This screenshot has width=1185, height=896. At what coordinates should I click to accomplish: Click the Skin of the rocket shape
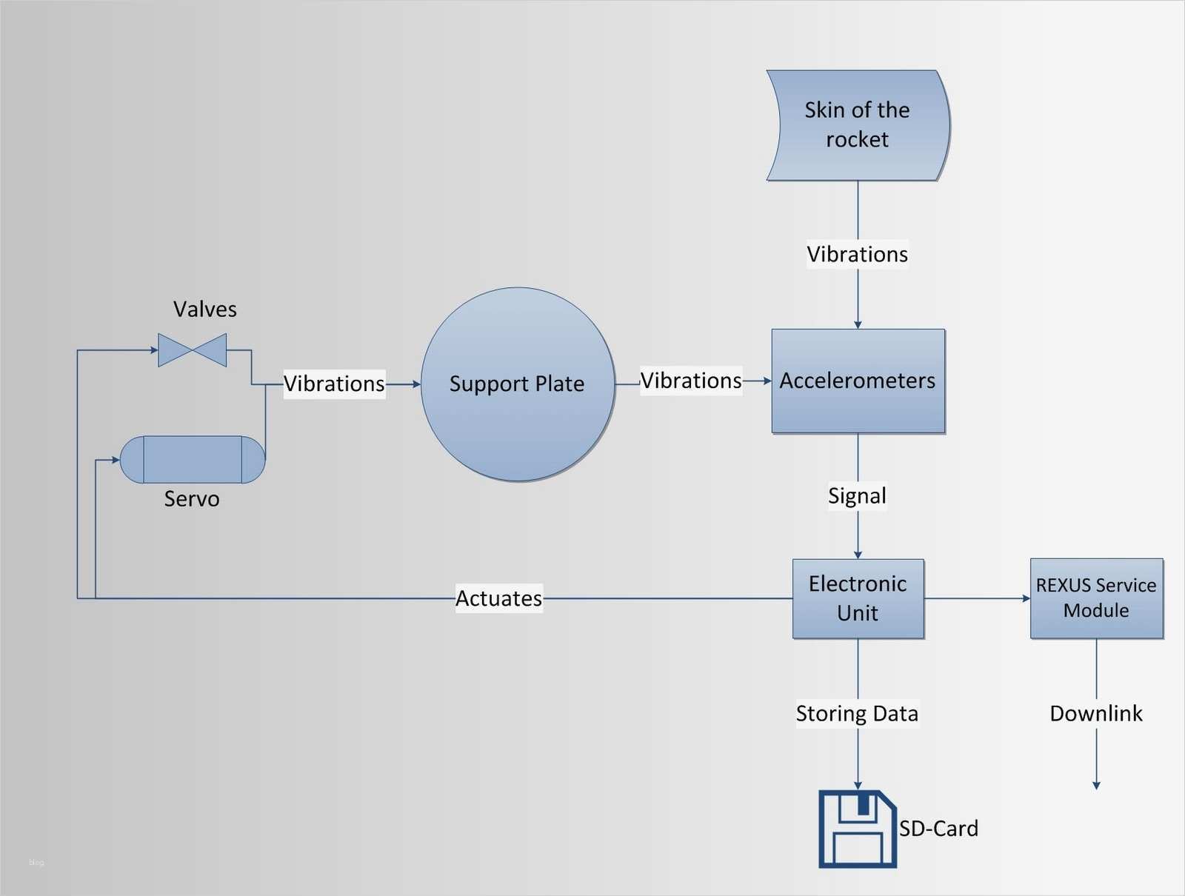click(x=858, y=125)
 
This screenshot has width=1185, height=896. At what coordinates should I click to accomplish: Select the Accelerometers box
click(x=858, y=381)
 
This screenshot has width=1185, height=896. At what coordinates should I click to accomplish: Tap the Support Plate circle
click(x=517, y=384)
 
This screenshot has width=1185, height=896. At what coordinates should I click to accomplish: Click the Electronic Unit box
click(x=858, y=598)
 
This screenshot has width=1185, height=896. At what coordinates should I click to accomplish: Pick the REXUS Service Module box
click(x=1096, y=598)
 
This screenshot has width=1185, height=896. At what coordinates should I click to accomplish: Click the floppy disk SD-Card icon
click(x=857, y=829)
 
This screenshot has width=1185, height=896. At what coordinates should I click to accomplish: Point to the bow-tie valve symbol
click(x=193, y=350)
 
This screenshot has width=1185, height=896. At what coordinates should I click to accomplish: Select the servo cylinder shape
click(x=193, y=460)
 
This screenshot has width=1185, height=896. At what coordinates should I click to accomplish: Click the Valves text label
click(x=205, y=309)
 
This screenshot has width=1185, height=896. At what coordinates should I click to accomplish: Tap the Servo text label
click(x=192, y=499)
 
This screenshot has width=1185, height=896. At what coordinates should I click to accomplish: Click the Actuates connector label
click(x=498, y=598)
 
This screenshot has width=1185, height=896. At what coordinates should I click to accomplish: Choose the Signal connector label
click(x=857, y=495)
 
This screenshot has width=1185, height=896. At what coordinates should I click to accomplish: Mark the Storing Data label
click(x=857, y=713)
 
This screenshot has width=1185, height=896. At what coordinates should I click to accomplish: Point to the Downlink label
click(x=1096, y=713)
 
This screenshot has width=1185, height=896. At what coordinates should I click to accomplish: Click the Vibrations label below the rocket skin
click(x=857, y=254)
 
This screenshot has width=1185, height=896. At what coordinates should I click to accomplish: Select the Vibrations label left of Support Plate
click(x=334, y=384)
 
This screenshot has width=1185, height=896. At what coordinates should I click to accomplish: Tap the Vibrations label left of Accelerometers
click(x=691, y=381)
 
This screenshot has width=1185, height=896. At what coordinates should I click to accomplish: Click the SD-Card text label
click(x=938, y=828)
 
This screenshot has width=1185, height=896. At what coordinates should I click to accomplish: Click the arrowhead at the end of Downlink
click(x=1096, y=786)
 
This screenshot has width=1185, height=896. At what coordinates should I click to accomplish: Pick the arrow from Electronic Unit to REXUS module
click(x=978, y=598)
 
